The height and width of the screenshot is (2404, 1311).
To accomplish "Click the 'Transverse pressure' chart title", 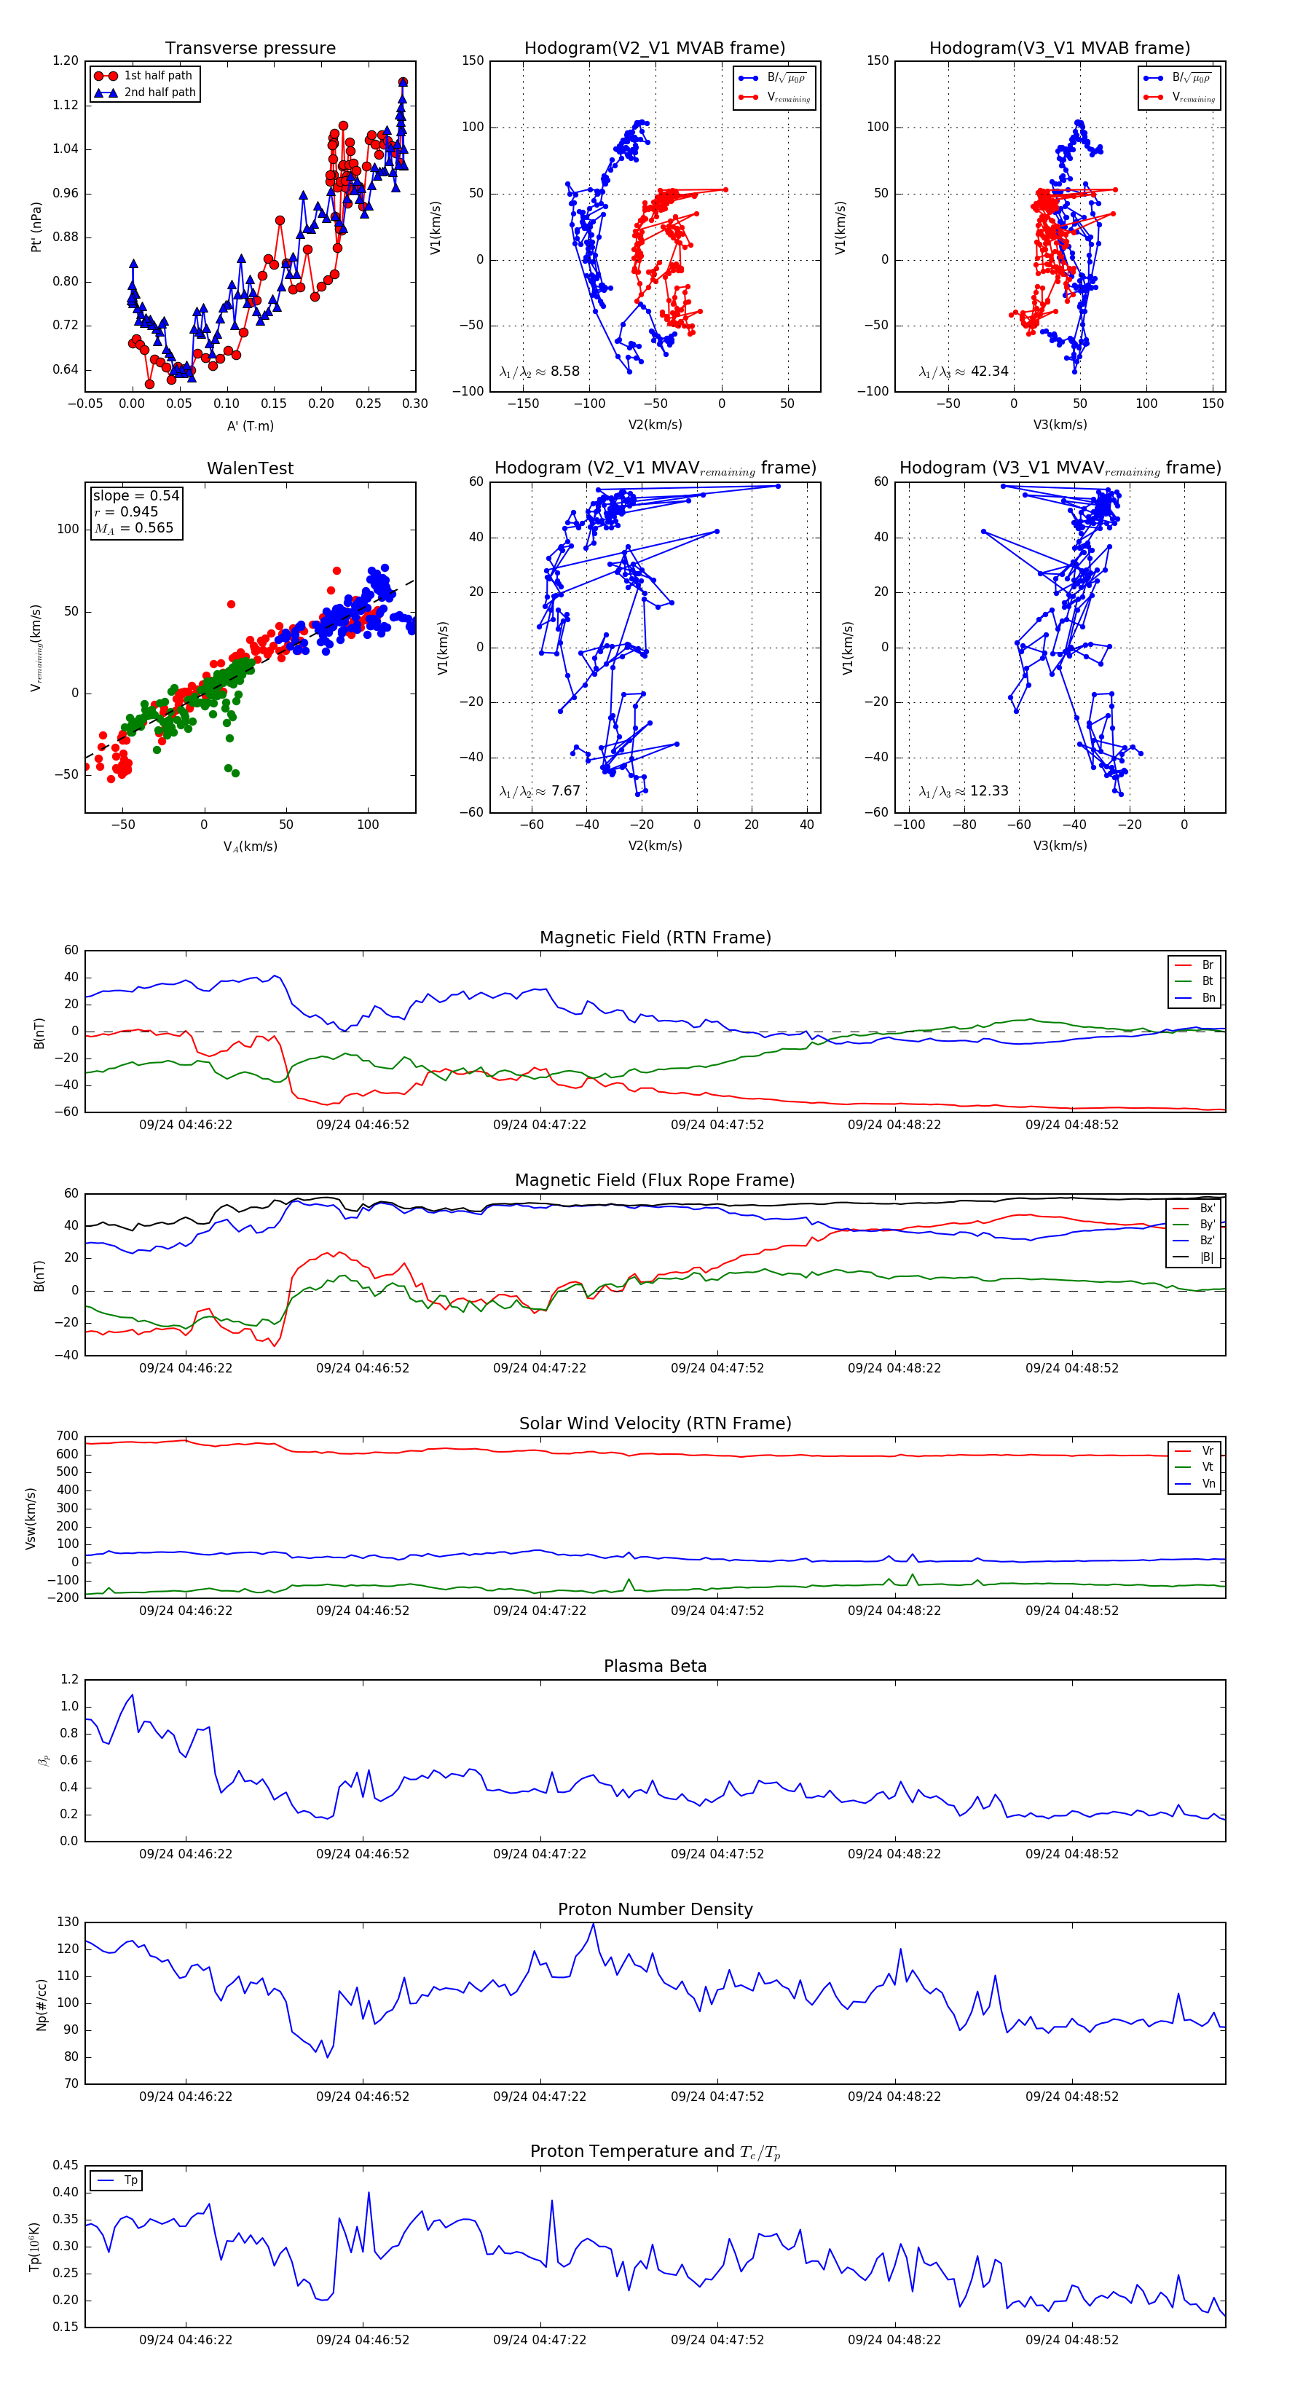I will [x=250, y=49].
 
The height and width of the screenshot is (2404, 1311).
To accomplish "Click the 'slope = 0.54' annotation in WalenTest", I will [x=135, y=495].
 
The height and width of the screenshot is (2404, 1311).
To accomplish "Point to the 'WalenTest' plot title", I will [x=250, y=468].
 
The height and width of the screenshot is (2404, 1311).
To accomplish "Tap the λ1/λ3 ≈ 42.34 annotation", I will [x=964, y=372].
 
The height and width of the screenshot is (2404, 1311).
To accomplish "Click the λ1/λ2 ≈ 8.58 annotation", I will [x=539, y=372].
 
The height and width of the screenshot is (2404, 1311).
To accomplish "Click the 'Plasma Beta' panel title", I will [x=655, y=1666].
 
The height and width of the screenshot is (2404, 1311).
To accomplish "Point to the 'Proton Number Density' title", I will [x=655, y=1909].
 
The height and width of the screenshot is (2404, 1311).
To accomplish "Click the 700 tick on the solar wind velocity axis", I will [x=67, y=1437].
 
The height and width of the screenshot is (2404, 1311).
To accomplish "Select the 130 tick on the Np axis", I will [x=68, y=1922].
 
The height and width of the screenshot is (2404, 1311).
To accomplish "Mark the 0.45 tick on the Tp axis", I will [x=66, y=2165].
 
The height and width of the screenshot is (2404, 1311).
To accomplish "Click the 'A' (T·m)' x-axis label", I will [x=250, y=425].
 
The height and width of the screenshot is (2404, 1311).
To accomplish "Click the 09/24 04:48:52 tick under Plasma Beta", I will [x=1071, y=1853].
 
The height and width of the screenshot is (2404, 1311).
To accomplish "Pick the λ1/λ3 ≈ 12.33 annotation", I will [x=964, y=791].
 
